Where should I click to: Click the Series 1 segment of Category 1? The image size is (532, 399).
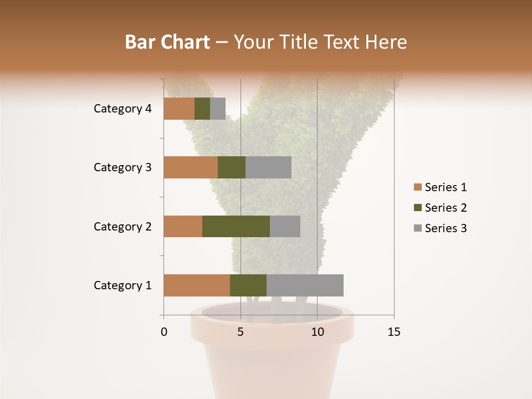[197, 285]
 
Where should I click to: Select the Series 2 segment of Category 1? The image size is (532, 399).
[248, 285]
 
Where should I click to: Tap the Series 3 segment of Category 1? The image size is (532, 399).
[305, 285]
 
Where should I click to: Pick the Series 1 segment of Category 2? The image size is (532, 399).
[183, 226]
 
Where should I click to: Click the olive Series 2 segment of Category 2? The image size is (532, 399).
[236, 226]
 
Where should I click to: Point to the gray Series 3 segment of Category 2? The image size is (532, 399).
[285, 226]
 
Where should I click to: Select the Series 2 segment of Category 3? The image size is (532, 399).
[232, 167]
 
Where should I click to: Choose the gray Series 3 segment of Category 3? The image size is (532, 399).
[268, 167]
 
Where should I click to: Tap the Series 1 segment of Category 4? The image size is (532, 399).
[179, 109]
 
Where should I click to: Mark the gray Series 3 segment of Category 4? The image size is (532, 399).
[218, 109]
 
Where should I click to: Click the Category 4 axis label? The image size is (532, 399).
[122, 109]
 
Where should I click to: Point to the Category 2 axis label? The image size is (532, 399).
[122, 226]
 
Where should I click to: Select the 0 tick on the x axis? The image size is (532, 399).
[164, 332]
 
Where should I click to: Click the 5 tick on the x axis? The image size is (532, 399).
[241, 332]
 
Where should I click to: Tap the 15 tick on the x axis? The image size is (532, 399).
[394, 332]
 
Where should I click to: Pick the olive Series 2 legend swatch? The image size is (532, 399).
[417, 208]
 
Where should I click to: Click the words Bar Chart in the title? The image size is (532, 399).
[167, 42]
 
